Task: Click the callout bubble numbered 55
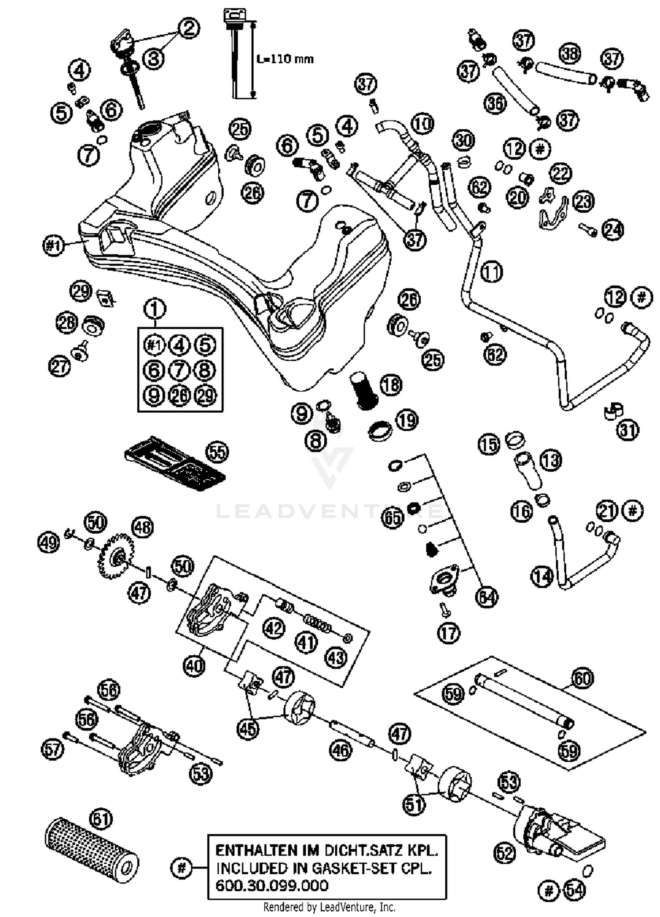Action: [x=218, y=452]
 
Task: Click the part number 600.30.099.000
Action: [x=271, y=885]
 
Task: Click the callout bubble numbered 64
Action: [x=487, y=598]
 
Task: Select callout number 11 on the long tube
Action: [x=491, y=272]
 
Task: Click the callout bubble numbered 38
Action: [x=570, y=54]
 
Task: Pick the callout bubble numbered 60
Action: [x=582, y=678]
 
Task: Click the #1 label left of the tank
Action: [x=54, y=245]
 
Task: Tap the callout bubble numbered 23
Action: [x=584, y=202]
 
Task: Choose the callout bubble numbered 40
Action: [x=194, y=665]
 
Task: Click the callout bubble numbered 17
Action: [x=448, y=633]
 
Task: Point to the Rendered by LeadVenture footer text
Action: [x=329, y=907]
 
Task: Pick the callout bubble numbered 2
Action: [x=189, y=28]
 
